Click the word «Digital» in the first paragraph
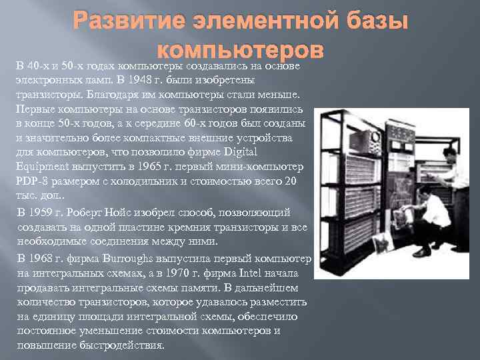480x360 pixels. pyautogui.click(x=286, y=153)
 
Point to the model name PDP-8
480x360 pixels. pyautogui.click(x=33, y=182)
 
